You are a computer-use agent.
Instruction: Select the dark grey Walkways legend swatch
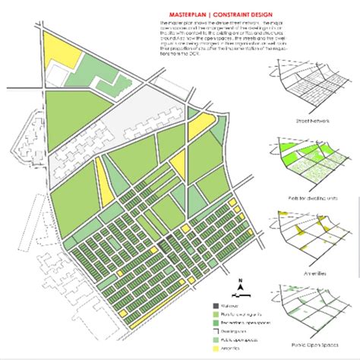click(x=216, y=308)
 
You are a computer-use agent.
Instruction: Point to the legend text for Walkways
click(x=235, y=308)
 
